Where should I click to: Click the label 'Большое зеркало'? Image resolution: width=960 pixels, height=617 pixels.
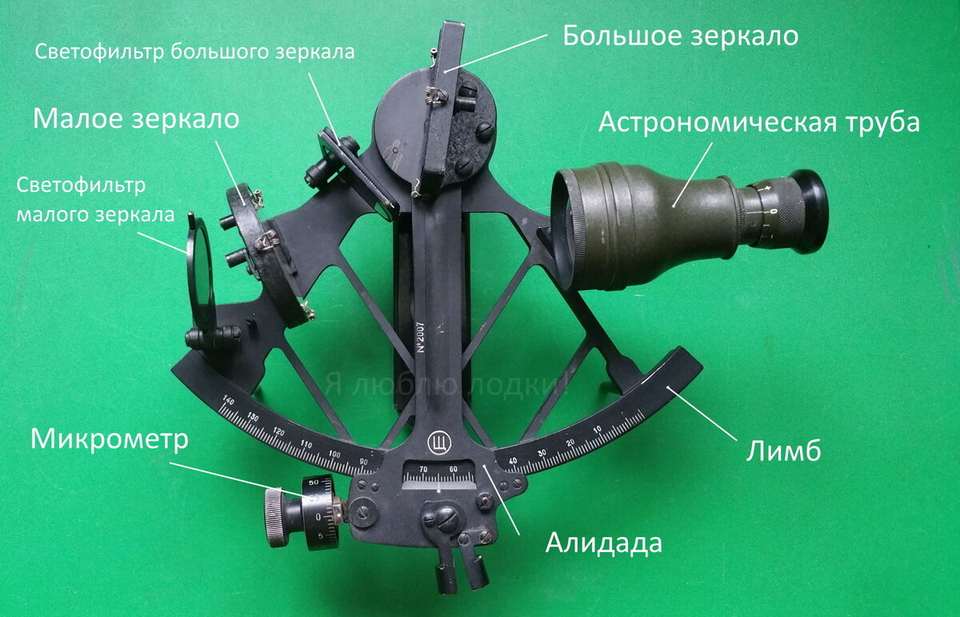coord(680,36)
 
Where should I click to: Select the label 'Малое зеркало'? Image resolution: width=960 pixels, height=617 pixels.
coord(136,119)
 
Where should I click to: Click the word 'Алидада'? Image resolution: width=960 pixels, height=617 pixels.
coord(604,543)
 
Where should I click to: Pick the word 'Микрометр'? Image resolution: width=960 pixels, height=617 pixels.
coord(109,440)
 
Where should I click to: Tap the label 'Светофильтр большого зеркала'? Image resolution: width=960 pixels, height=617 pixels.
coord(194,52)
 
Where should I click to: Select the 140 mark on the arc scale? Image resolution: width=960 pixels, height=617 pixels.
coord(227,400)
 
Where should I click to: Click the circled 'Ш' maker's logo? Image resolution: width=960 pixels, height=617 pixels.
coord(439,441)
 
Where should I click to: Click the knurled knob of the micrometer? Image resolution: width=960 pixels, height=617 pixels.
coord(276,517)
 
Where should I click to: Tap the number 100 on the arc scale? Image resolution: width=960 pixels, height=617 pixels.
coord(335,453)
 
